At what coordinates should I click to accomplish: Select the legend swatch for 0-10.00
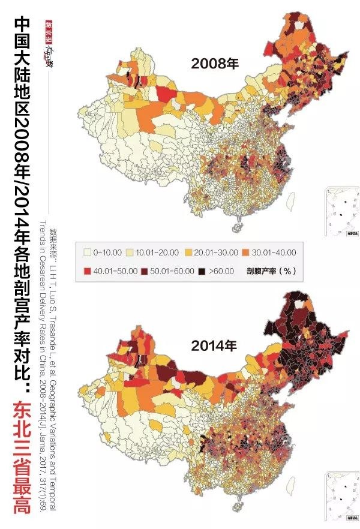pyautogui.click(x=87, y=253)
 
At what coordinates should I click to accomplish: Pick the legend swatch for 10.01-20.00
pyautogui.click(x=140, y=253)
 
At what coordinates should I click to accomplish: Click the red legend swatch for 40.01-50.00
pyautogui.click(x=87, y=270)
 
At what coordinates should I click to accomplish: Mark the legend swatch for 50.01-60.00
pyautogui.click(x=140, y=270)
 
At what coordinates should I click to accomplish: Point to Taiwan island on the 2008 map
pyautogui.click(x=290, y=201)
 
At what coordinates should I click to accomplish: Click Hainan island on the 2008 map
pyautogui.click(x=236, y=229)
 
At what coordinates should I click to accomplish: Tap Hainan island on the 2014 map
pyautogui.click(x=236, y=510)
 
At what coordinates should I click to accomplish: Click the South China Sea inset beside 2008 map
pyautogui.click(x=342, y=214)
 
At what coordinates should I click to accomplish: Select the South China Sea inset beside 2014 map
pyautogui.click(x=342, y=495)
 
